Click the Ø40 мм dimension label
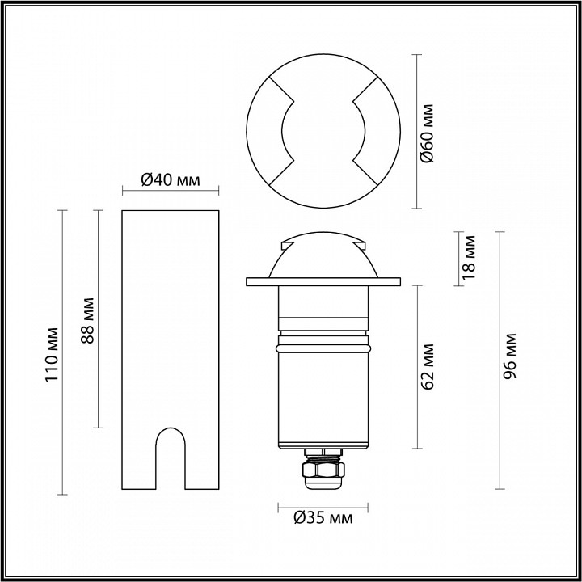170,179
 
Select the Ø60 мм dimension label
428,132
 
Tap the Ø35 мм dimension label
324,518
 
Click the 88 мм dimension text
90,320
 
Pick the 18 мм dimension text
470,257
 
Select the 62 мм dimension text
428,368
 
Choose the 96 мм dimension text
511,360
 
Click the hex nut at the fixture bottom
323,469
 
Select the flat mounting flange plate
323,281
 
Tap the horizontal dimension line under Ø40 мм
170,192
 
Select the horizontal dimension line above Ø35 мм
323,505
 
